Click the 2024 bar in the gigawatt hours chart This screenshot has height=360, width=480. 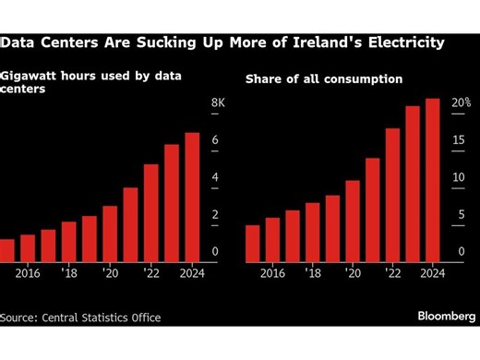click(x=192, y=198)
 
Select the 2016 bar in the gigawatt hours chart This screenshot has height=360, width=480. click(x=28, y=248)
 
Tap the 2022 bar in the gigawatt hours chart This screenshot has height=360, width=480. click(x=151, y=213)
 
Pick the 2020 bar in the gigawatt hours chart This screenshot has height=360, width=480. click(x=110, y=234)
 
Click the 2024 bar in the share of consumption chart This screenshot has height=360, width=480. click(x=432, y=180)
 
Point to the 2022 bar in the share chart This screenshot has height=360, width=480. click(x=392, y=195)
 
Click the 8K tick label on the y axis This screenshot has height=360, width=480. click(x=218, y=102)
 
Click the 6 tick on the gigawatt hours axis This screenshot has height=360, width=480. click(x=215, y=140)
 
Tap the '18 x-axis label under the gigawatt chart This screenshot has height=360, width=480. click(x=69, y=273)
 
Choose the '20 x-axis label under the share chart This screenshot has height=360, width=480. click(x=352, y=273)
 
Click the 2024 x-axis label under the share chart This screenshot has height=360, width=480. click(x=431, y=273)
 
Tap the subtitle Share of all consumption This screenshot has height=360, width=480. click(x=323, y=79)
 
